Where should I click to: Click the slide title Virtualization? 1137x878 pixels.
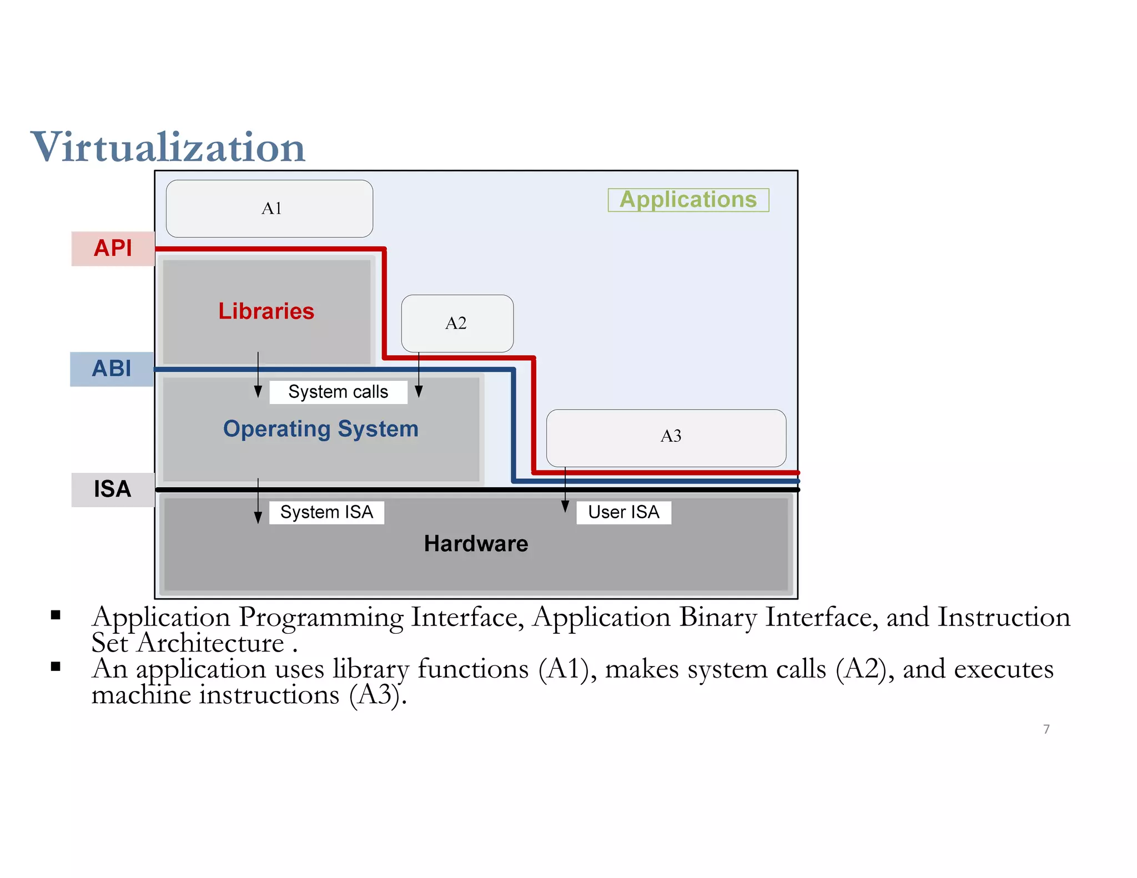[168, 148]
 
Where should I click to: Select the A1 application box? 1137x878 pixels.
[270, 209]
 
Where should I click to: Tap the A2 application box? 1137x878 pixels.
[457, 324]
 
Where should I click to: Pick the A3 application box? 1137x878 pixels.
[666, 438]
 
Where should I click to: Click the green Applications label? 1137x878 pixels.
[688, 200]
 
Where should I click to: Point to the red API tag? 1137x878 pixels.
[113, 249]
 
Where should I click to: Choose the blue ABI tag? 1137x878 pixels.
[112, 369]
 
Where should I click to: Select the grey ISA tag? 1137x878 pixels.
[113, 490]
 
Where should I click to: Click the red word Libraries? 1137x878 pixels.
[266, 311]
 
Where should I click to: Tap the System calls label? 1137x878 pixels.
[338, 392]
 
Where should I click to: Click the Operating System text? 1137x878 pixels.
[320, 430]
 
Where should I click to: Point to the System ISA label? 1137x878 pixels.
[326, 512]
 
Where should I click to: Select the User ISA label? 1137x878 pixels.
[623, 512]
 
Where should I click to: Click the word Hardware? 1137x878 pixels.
[476, 544]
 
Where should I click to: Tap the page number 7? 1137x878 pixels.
[1046, 729]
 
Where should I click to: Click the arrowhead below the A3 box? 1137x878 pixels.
[565, 506]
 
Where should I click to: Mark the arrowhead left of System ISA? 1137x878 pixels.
[258, 517]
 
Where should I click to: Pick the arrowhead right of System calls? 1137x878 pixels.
[419, 391]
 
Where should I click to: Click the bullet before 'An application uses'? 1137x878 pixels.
[56, 667]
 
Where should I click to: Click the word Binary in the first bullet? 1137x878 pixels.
[718, 618]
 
